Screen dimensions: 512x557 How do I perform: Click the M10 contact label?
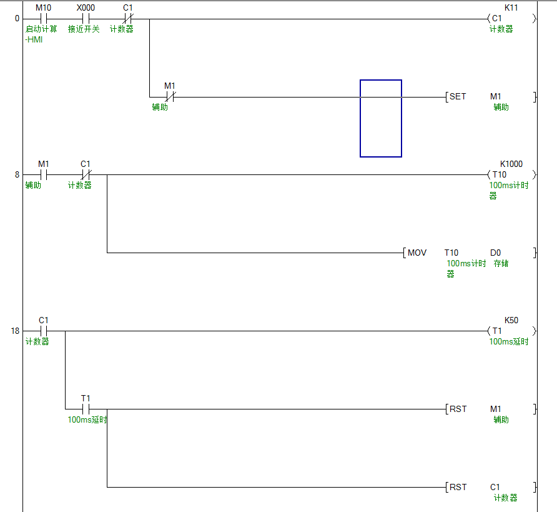click(x=43, y=8)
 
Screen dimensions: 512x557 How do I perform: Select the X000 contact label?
click(x=86, y=8)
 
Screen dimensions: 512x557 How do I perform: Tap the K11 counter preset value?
click(x=511, y=8)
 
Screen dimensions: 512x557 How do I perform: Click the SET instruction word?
click(x=458, y=97)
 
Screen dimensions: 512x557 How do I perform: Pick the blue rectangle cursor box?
click(x=380, y=118)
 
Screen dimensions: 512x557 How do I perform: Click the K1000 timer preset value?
click(x=511, y=164)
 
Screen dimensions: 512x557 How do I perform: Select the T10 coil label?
click(x=500, y=175)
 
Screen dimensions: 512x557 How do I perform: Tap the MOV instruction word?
click(x=417, y=253)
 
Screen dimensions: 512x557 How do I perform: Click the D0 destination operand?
click(x=495, y=253)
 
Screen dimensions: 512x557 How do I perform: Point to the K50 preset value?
click(x=511, y=320)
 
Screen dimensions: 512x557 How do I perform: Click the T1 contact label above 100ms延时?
click(x=86, y=398)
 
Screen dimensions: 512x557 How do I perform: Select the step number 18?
click(x=15, y=331)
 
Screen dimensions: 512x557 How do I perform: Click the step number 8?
click(x=17, y=175)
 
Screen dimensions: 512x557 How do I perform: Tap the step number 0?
click(x=17, y=19)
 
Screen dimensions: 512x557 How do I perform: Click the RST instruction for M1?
click(x=458, y=409)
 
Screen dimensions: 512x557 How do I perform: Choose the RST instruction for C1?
click(x=458, y=488)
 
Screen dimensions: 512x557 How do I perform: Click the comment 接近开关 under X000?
click(x=84, y=29)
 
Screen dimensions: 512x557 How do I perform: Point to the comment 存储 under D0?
click(x=501, y=264)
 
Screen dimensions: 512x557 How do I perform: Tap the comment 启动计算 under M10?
click(x=41, y=29)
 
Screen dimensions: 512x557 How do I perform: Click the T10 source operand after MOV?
click(x=451, y=253)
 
